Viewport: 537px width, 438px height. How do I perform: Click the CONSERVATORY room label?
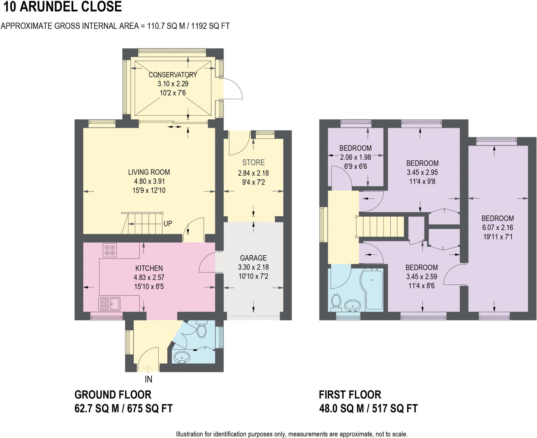(x=173, y=75)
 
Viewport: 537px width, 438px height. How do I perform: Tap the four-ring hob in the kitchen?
(x=110, y=250)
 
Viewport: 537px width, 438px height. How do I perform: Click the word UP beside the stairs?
(x=168, y=223)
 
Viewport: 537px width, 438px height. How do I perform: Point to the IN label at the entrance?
(x=148, y=379)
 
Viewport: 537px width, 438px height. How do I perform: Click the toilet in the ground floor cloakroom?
(x=201, y=331)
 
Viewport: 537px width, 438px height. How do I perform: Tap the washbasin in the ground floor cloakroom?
(x=182, y=357)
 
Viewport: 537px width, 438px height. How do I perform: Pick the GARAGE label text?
(x=253, y=258)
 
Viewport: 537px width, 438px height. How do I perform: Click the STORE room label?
(x=253, y=163)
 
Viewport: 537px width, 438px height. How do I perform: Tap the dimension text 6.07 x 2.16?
(x=497, y=227)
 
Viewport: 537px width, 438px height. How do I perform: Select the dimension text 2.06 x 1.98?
(x=355, y=157)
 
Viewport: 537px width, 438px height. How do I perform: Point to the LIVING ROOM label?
(x=149, y=172)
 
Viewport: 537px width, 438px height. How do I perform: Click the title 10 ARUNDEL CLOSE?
(x=62, y=7)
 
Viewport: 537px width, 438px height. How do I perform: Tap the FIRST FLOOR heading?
(x=350, y=394)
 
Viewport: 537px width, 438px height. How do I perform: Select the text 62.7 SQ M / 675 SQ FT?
(x=123, y=408)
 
